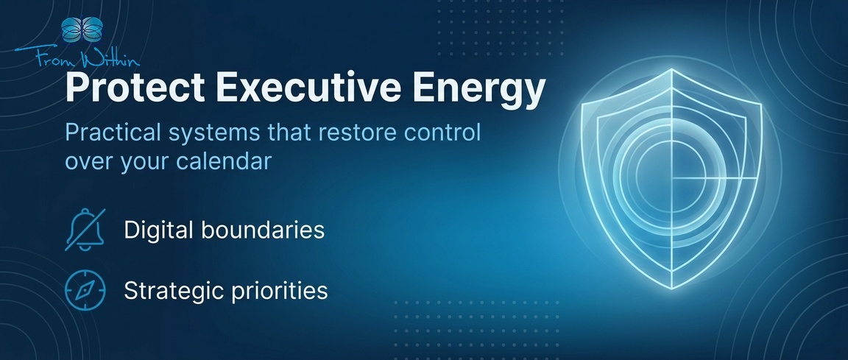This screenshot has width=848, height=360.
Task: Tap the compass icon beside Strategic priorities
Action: click(85, 291)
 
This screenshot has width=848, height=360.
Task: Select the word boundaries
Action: click(263, 230)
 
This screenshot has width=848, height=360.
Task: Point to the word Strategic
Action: click(173, 292)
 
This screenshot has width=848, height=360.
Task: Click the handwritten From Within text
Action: click(77, 56)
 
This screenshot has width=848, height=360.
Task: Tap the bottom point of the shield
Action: click(671, 289)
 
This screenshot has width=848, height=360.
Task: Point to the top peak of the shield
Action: click(671, 70)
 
